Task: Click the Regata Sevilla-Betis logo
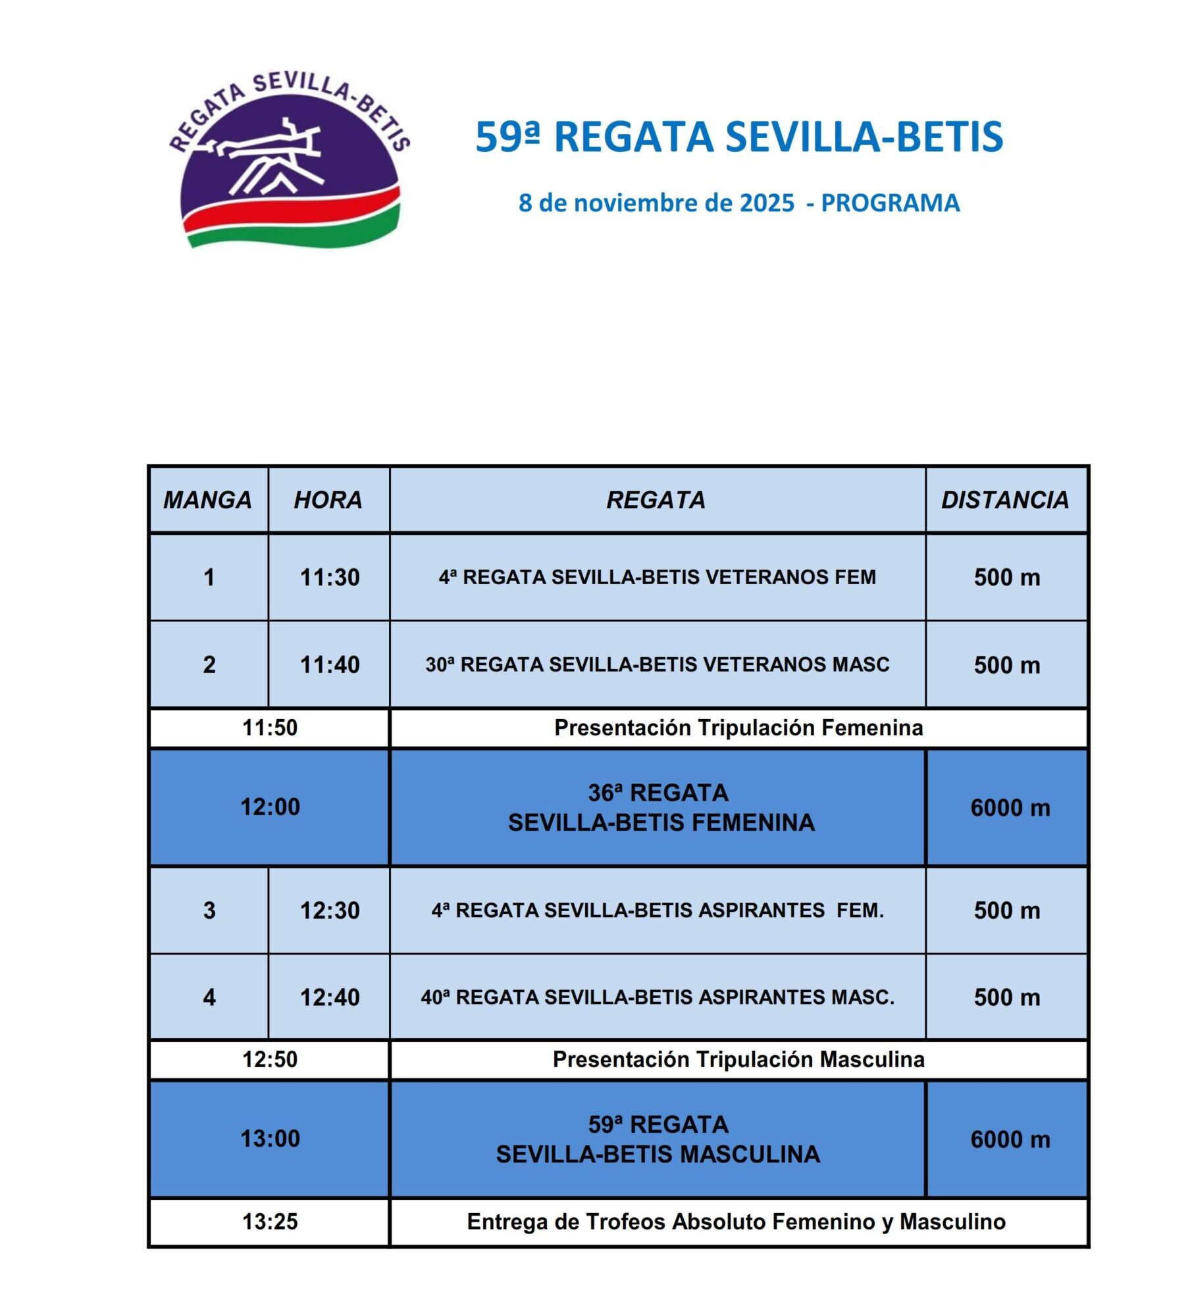coord(290,161)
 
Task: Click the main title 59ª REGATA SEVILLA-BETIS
coord(738,137)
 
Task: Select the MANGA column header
coord(208,501)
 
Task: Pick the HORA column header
coord(328,501)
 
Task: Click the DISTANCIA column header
coord(1005,501)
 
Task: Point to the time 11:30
coord(330,578)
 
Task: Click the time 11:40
coord(330,665)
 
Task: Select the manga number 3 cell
coord(209,910)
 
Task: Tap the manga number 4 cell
coord(209,997)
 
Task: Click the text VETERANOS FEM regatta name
coord(657,578)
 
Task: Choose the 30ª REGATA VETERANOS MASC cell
coord(657,665)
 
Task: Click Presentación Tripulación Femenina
coord(738,728)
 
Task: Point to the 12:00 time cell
coord(270,807)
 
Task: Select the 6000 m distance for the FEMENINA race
coord(1010,808)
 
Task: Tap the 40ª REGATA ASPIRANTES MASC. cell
coord(657,997)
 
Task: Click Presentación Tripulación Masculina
coord(738,1060)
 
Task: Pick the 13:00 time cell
coord(270,1139)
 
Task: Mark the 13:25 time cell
coord(270,1222)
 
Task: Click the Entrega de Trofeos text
coord(736,1222)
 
